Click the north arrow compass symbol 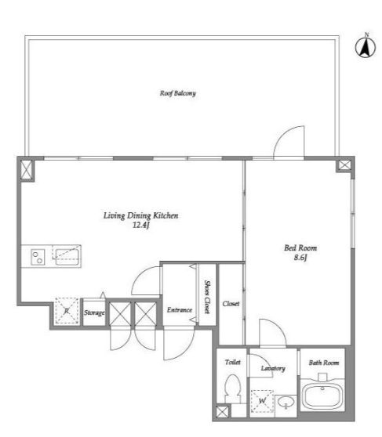click(x=365, y=47)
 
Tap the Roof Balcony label click(x=177, y=93)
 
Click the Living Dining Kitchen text click(x=140, y=215)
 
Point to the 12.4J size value click(x=141, y=225)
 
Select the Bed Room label click(x=300, y=247)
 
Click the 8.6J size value click(x=300, y=257)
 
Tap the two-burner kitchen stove click(x=38, y=257)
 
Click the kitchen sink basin click(x=67, y=257)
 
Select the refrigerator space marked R click(x=67, y=311)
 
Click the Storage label click(x=94, y=312)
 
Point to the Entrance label click(x=180, y=310)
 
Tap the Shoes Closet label click(x=208, y=297)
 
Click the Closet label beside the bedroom click(x=231, y=304)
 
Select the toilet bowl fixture click(x=232, y=388)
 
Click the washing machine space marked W click(x=262, y=401)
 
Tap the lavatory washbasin click(x=286, y=403)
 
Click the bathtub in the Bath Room click(x=322, y=396)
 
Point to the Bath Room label click(x=324, y=363)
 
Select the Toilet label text click(x=233, y=362)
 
